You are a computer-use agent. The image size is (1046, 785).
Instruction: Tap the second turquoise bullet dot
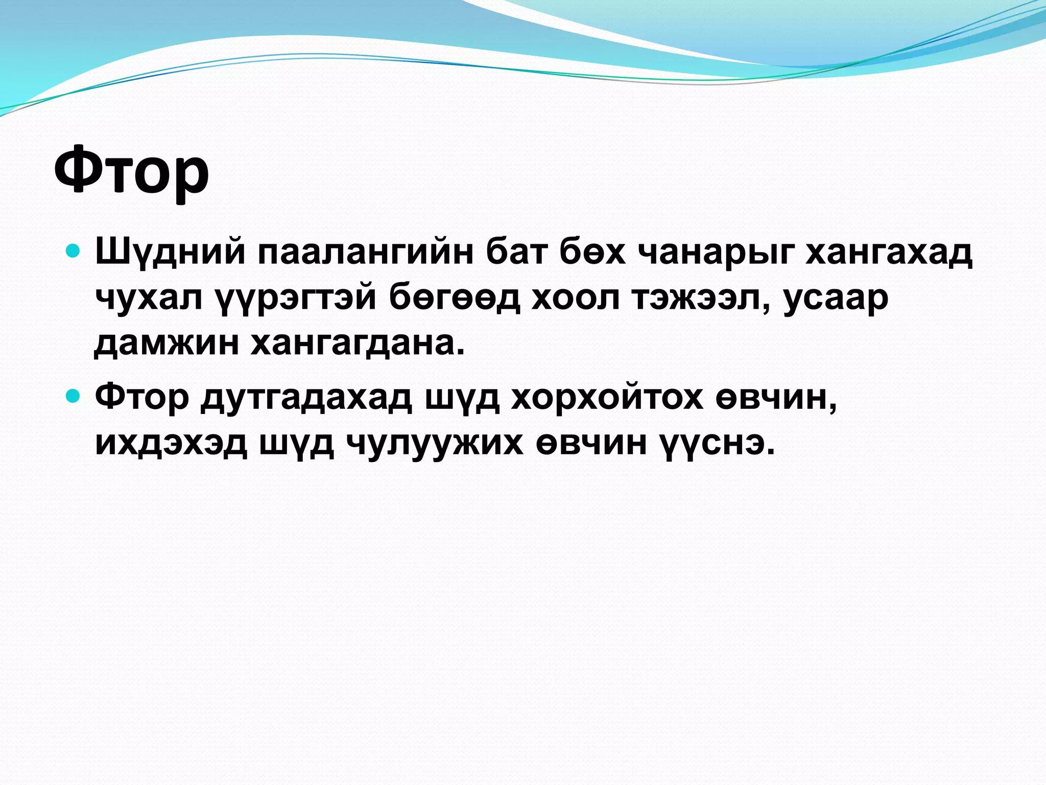(x=74, y=395)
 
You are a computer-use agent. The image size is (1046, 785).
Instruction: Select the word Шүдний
(x=170, y=252)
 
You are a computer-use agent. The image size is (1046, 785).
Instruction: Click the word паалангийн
(x=365, y=252)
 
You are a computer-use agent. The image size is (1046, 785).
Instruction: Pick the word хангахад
(x=889, y=252)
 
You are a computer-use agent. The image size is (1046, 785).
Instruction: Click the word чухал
(x=149, y=297)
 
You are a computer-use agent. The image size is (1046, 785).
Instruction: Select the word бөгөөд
(x=454, y=297)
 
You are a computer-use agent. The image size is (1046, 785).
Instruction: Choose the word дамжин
(x=167, y=343)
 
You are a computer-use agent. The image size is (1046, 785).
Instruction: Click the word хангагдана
(x=358, y=343)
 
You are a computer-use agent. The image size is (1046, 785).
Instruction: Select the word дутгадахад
(x=306, y=397)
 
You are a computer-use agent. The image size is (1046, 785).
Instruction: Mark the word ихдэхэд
(x=171, y=443)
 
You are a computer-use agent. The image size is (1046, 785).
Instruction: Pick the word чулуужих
(x=435, y=443)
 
